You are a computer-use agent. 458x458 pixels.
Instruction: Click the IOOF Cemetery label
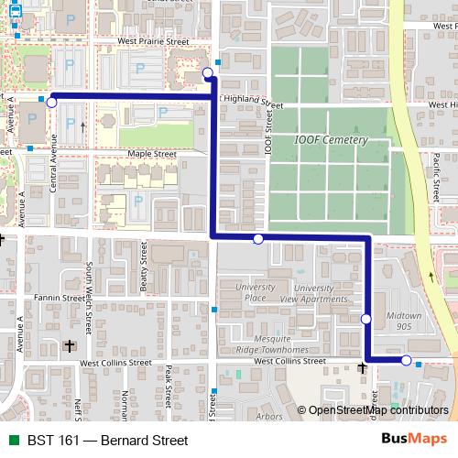coord(331,140)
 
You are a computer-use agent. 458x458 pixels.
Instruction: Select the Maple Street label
coord(152,154)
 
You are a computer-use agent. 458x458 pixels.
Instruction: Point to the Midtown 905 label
coord(403,321)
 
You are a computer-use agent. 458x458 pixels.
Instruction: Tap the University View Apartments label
coord(313,292)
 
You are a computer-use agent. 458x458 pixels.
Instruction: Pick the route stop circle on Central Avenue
coord(51,103)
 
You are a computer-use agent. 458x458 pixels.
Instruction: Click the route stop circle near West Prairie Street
coord(208,72)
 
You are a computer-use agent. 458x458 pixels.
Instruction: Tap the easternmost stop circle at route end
coord(407,361)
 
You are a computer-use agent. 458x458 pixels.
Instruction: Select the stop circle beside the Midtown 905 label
coord(366,319)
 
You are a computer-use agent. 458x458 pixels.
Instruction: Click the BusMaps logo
coord(412,440)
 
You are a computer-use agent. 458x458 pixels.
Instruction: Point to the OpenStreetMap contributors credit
coord(377,411)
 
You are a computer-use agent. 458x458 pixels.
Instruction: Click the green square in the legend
coord(13,441)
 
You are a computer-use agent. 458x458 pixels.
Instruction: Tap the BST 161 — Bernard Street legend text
coord(107,441)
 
